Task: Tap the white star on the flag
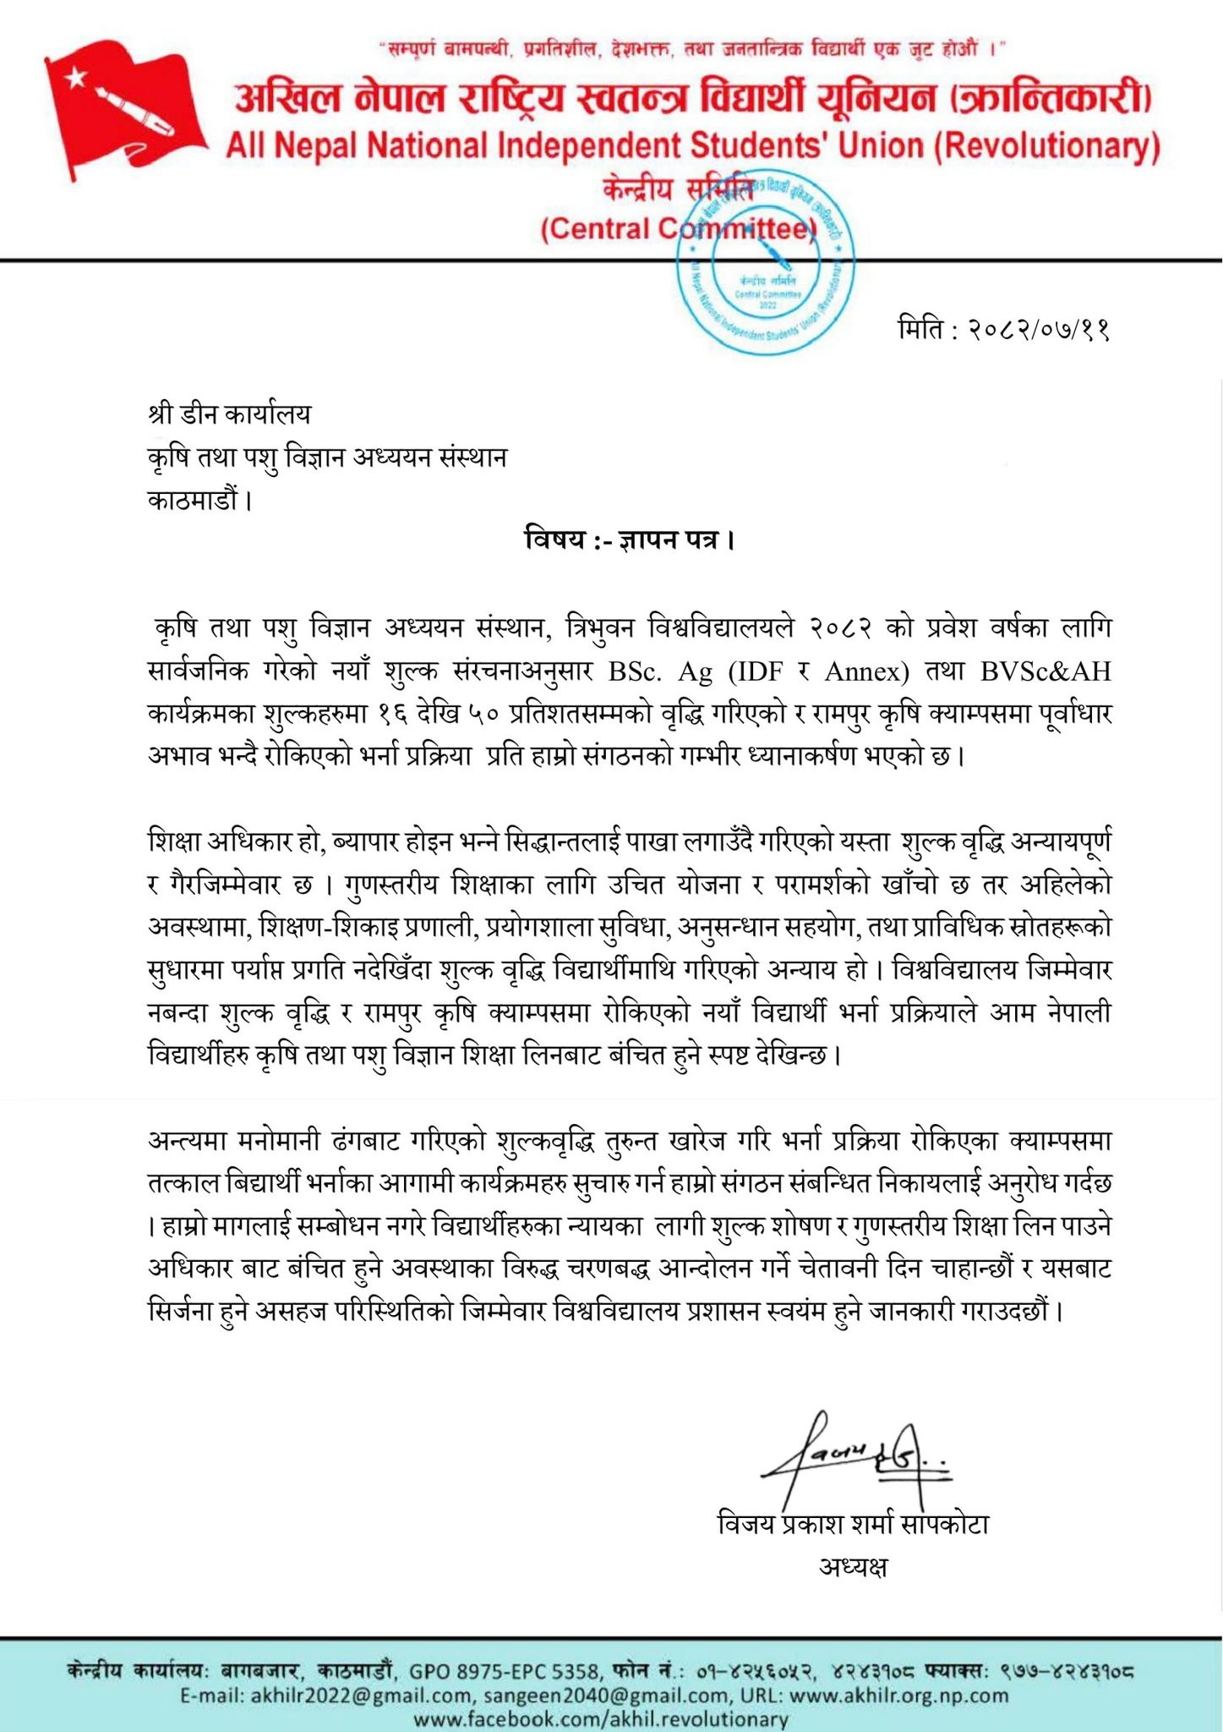click(x=77, y=77)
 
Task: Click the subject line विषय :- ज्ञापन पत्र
click(x=629, y=539)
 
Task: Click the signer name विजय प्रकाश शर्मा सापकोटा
click(x=853, y=1524)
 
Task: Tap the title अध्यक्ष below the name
click(x=853, y=1566)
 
